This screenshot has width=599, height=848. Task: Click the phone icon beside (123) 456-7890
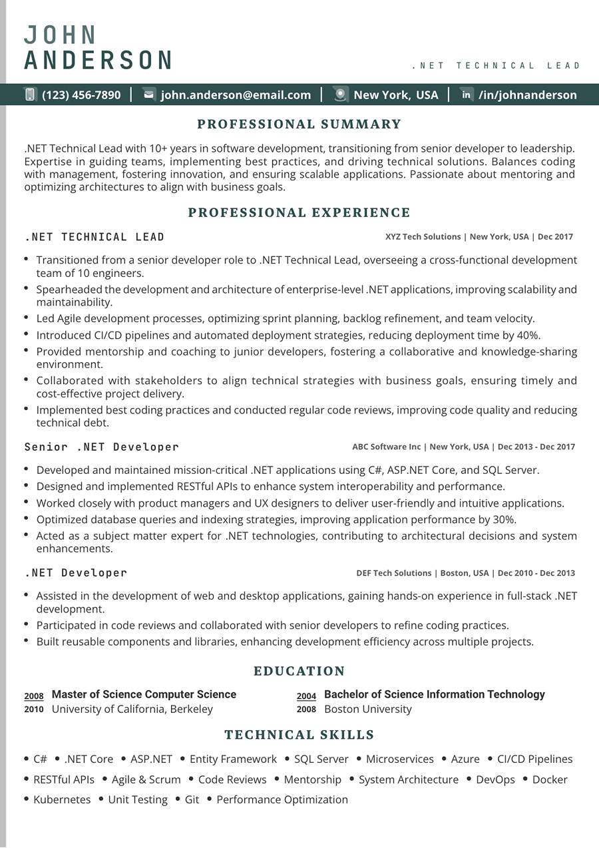[x=30, y=95]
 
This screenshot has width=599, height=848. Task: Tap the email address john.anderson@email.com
[x=236, y=95]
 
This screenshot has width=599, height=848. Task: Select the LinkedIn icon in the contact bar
[x=467, y=95]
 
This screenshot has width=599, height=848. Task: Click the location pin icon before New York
[x=341, y=95]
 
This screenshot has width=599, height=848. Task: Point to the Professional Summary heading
[x=299, y=124]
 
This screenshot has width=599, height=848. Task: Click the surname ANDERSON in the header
[x=99, y=61]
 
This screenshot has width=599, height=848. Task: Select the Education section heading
[x=299, y=671]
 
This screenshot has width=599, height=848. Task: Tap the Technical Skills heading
[x=299, y=735]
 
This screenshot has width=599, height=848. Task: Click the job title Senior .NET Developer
[x=102, y=447]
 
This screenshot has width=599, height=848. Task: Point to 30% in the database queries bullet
[x=504, y=520]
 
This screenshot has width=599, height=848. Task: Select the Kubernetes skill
[x=62, y=799]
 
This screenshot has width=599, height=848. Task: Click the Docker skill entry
[x=550, y=779]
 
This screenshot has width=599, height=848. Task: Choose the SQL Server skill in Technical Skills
[x=321, y=759]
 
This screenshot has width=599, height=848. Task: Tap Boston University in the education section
[x=368, y=709]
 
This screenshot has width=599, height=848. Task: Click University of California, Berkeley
[x=132, y=709]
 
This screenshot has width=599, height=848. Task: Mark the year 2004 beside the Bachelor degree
[x=306, y=696]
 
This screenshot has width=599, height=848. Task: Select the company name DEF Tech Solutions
[x=394, y=573]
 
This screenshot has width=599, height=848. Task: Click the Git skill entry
[x=192, y=799]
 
